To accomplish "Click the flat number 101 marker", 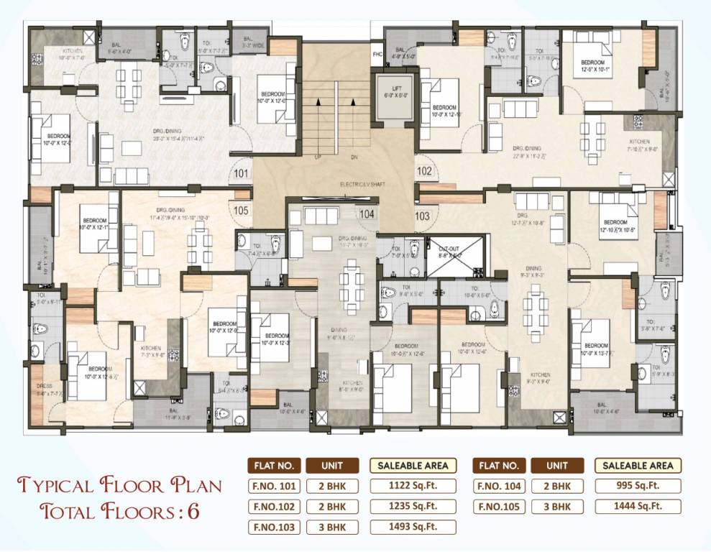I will tap(241, 173).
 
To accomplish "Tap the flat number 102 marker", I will tap(424, 172).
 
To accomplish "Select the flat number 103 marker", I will tap(422, 215).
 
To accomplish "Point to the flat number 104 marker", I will tap(367, 213).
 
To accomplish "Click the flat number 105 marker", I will tap(241, 210).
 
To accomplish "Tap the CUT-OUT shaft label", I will tap(449, 249).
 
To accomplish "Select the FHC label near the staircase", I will tap(377, 54).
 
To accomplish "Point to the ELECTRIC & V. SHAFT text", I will tap(363, 185).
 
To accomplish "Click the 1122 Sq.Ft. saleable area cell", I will tap(413, 485).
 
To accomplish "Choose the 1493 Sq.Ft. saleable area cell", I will tap(413, 527).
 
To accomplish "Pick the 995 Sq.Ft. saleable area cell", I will tap(638, 485).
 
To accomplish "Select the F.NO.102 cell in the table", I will tap(272, 506).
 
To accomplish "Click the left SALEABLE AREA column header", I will tap(413, 465).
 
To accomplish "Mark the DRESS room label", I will tap(44, 386).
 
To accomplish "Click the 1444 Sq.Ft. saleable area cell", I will tap(638, 506).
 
